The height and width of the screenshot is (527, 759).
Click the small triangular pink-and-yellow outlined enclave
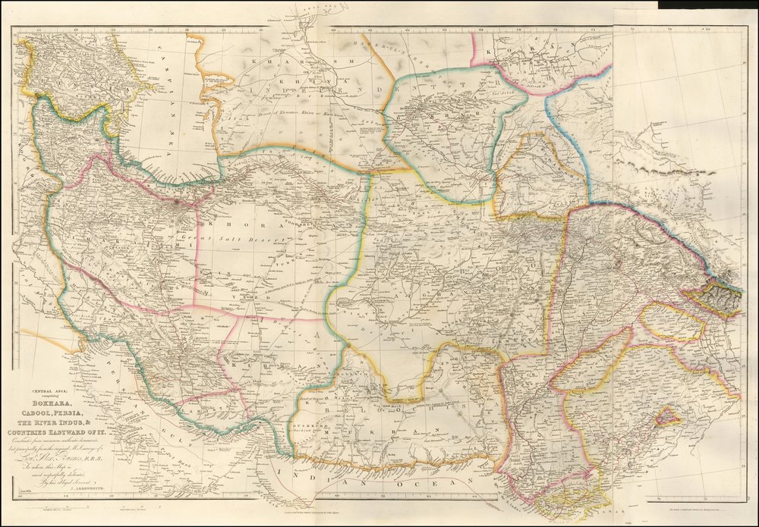[x=667, y=416]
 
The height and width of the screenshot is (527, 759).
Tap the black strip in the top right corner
[x=707, y=5]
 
